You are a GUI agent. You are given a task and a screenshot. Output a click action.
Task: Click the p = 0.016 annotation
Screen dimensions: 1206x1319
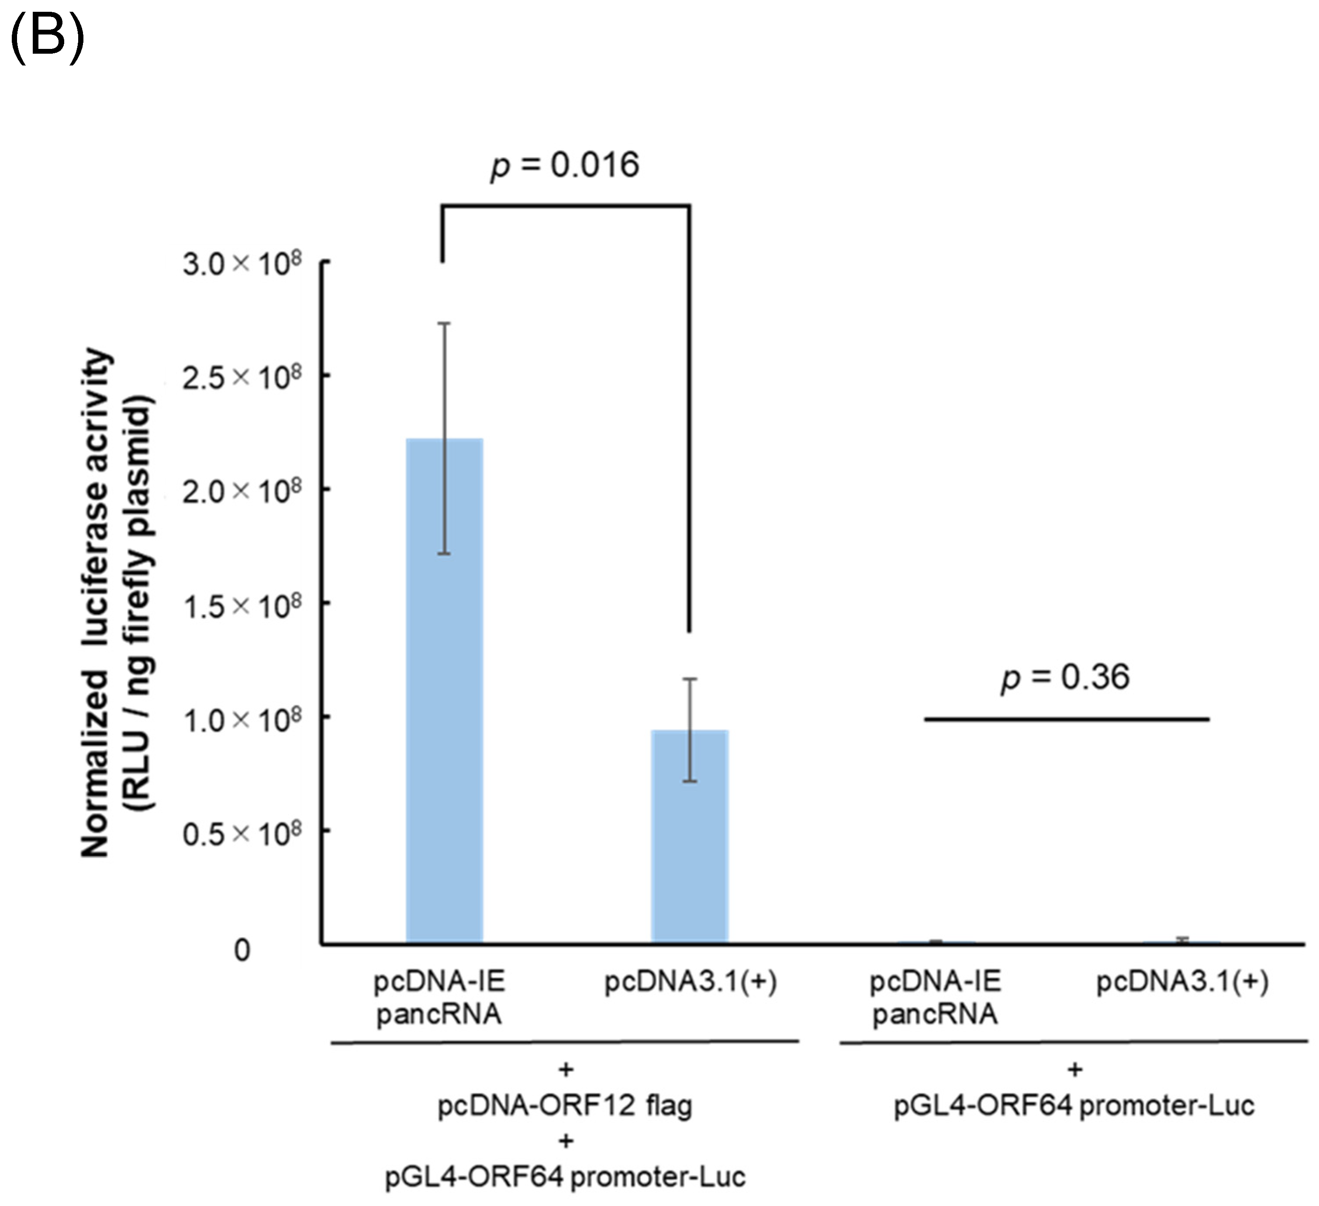click(565, 165)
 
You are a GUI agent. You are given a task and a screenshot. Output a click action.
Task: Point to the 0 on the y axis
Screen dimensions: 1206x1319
click(242, 950)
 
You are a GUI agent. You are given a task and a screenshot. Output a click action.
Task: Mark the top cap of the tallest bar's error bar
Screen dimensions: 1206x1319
click(444, 323)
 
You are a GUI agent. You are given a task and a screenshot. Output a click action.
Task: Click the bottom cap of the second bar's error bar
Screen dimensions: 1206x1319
click(690, 781)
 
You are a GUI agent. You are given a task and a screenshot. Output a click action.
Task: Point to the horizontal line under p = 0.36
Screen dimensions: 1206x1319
click(1067, 719)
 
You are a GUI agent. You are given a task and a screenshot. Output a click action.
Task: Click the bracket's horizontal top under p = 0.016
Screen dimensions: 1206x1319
click(565, 206)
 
